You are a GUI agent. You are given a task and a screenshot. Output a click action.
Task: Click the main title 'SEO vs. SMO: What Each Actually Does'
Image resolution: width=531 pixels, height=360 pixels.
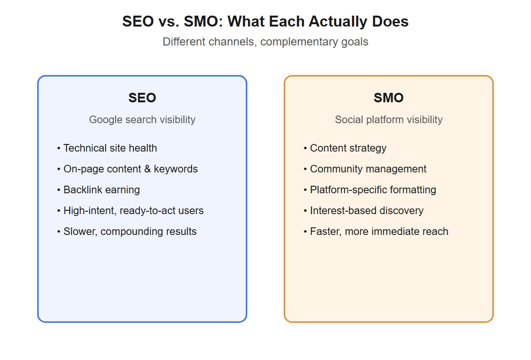265,21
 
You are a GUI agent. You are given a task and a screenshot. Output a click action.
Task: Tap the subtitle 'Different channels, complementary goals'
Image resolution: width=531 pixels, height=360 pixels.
265,42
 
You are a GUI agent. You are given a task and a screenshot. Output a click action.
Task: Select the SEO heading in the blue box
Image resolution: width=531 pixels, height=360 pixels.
142,98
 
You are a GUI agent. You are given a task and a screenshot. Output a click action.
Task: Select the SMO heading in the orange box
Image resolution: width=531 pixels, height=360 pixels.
389,98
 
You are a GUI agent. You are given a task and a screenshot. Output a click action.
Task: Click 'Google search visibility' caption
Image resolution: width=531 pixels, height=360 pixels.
142,119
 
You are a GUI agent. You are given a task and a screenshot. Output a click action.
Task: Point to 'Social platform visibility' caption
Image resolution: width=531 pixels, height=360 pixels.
389,119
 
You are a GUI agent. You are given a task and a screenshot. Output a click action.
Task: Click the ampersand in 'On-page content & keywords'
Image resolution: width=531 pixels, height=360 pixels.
147,169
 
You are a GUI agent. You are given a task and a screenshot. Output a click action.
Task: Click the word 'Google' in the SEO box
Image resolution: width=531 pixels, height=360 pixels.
106,120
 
